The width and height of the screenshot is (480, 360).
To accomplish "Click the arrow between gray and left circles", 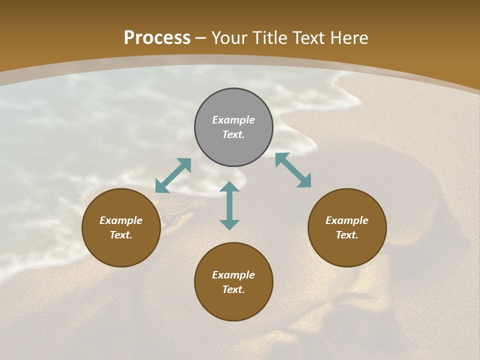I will (x=173, y=175).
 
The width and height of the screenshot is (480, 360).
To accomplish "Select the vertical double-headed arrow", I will (x=229, y=205).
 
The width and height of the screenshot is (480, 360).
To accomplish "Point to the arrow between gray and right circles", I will (x=293, y=170).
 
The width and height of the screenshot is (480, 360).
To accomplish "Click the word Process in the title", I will (x=157, y=38).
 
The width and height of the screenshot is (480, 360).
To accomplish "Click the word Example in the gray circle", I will (x=233, y=120).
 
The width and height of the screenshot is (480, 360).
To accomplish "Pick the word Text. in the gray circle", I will (x=233, y=134).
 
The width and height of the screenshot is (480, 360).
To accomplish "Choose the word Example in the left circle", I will (x=121, y=220).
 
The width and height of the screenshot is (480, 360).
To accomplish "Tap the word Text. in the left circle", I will (x=121, y=235).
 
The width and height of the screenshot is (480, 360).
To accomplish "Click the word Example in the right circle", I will (x=347, y=220).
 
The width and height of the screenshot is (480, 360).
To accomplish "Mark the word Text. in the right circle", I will (x=347, y=235).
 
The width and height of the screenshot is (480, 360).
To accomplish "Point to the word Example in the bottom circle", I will (x=233, y=275).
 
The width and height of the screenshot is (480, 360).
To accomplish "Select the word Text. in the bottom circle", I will (x=233, y=289).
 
